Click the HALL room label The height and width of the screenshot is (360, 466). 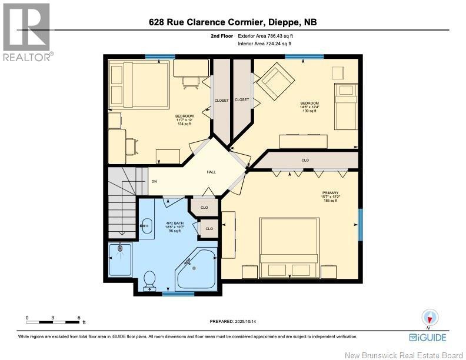point(210,172)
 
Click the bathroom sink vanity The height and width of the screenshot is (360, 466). point(146,224)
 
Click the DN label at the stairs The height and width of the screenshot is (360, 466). point(154,182)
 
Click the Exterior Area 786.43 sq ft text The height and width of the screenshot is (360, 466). point(264,36)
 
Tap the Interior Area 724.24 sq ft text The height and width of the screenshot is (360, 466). point(264,44)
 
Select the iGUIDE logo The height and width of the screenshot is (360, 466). point(428,337)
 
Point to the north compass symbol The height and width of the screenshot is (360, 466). point(429,318)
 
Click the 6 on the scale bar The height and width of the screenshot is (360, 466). point(79,318)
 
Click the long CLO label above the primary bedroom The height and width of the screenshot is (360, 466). point(305,160)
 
